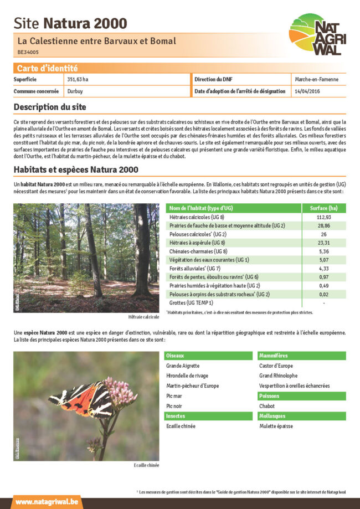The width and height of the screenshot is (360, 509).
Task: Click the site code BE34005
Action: coord(28,52)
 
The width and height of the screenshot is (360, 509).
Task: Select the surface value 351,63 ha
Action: coord(78,80)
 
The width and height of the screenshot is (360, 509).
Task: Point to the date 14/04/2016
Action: coord(307,91)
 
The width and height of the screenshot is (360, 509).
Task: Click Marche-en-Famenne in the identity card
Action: coord(317,80)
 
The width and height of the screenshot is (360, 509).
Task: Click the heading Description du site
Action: coord(50,106)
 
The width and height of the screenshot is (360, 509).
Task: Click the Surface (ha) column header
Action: coord(323,208)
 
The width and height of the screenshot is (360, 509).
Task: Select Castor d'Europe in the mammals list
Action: coord(276,366)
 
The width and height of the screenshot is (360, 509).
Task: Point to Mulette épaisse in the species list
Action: coord(276,426)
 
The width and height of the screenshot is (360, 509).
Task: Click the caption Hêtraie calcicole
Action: coord(143,316)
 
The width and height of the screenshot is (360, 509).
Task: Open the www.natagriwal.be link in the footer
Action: coord(47,502)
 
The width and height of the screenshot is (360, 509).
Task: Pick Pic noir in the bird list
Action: coord(174,406)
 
